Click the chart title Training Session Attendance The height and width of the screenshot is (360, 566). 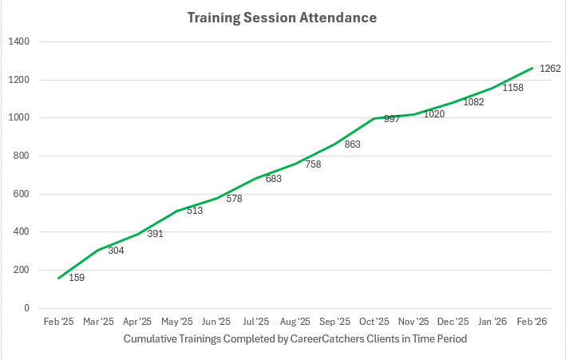282,17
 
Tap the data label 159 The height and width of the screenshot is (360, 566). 77,278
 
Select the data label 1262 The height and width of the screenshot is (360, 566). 550,69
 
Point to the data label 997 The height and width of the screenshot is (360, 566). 391,119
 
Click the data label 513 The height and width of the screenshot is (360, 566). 194,211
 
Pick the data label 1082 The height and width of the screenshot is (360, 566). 473,102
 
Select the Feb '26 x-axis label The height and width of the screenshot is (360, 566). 532,322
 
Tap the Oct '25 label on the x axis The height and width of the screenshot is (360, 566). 374,322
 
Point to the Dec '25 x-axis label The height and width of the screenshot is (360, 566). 453,322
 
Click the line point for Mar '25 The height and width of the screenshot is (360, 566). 97,251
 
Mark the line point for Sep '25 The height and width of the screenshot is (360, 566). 334,144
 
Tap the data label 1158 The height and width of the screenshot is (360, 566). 513,88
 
